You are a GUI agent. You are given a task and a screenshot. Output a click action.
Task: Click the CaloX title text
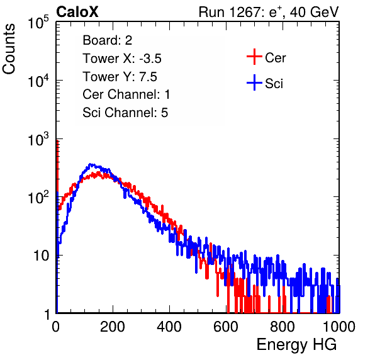pos(77,11)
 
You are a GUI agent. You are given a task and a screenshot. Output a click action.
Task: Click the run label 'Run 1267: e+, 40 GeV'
pos(269,12)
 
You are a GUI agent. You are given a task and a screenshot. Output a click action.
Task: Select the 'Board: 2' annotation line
pos(107,40)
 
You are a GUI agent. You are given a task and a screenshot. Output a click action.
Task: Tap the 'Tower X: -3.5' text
pos(122,59)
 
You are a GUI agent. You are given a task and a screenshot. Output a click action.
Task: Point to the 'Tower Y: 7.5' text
pos(120,77)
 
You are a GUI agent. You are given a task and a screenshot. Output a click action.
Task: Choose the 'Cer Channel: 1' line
pos(126,94)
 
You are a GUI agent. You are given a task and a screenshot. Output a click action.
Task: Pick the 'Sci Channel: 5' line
pos(125,113)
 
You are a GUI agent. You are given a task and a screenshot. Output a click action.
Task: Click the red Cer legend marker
pos(254,57)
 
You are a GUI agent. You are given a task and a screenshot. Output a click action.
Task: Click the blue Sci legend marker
pos(254,83)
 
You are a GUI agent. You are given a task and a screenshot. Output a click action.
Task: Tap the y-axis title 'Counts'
pos(9,49)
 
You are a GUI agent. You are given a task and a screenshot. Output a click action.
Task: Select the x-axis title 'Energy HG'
pos(296,345)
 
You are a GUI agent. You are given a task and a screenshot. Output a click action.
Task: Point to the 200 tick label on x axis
pos(113,327)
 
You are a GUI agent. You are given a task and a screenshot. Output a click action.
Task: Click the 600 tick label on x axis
pos(226,327)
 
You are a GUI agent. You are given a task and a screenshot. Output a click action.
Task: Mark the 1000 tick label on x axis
pos(339,327)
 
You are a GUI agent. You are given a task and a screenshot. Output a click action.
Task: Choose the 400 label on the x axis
pos(169,327)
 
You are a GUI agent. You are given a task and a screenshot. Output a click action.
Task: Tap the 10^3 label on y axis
pos(38,139)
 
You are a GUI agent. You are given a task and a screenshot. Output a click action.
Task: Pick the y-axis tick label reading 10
pos(42,256)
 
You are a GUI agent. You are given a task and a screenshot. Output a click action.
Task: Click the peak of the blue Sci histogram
pos(90,164)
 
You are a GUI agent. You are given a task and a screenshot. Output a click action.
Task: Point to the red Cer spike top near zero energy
pos(57,140)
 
